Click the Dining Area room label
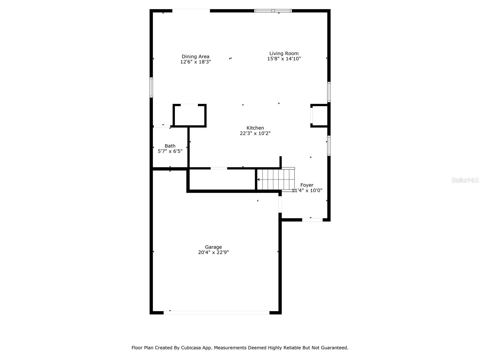click(195, 56)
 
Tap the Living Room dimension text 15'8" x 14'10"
click(284, 59)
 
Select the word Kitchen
click(255, 128)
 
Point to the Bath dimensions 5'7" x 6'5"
click(170, 151)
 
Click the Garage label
click(213, 247)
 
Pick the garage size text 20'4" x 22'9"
click(213, 253)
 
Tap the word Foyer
click(307, 185)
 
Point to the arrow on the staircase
click(259, 179)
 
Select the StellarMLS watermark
click(465, 180)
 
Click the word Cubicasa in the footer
click(191, 348)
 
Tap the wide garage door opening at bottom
click(216, 313)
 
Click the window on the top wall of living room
click(273, 11)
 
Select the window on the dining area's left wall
click(151, 87)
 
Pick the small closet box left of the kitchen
click(190, 115)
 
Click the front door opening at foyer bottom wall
click(312, 220)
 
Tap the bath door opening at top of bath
click(162, 126)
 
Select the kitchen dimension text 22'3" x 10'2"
click(255, 133)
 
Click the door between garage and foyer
click(280, 204)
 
